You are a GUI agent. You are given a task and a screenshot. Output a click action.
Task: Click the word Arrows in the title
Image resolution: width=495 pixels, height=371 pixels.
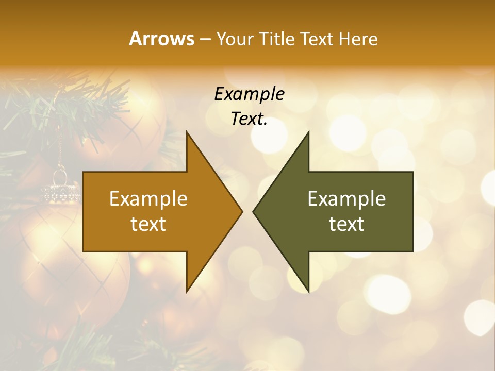pos(161,39)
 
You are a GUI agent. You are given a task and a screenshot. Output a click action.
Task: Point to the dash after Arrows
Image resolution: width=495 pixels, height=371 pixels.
pos(205,39)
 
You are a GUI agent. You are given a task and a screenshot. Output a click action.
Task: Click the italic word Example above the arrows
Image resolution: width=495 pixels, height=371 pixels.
pos(249,94)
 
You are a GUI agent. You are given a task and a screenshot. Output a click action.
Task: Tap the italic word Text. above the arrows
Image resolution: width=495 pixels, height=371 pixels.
pos(249,119)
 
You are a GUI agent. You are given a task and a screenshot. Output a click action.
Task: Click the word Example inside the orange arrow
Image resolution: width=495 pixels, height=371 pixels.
pos(148,198)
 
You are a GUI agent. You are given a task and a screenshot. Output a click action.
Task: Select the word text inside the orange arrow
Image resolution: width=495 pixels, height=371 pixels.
pos(148,224)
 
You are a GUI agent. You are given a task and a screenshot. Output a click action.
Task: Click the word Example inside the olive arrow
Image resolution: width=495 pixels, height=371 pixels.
pos(346,198)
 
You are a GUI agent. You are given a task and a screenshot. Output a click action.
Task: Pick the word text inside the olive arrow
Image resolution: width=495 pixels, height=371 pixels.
pos(346,224)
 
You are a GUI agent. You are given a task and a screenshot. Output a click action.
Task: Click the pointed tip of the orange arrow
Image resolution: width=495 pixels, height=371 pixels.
pos(241,211)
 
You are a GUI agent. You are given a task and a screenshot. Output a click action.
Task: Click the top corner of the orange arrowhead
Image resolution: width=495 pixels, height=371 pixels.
pos(187,132)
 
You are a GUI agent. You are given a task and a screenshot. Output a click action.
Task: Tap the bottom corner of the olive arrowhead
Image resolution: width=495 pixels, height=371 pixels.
pos(308,291)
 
